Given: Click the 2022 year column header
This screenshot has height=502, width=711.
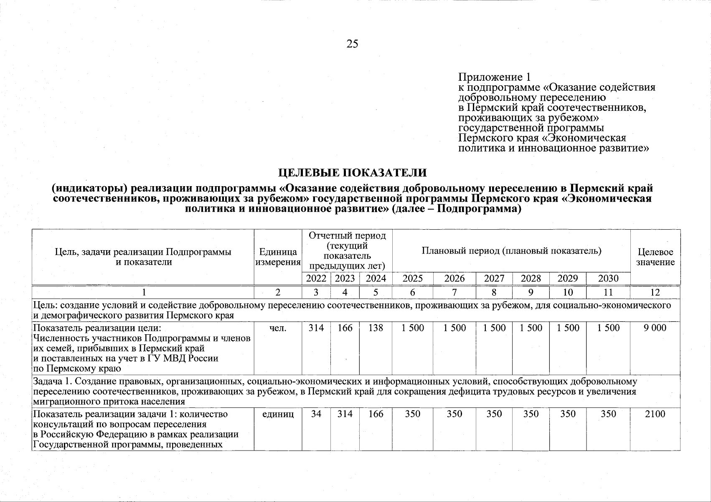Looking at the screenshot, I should click(x=316, y=279).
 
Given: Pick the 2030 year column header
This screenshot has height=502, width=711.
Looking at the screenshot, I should click(x=608, y=279).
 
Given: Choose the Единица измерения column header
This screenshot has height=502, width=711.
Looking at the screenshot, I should click(x=278, y=257).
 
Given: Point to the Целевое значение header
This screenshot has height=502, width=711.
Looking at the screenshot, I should click(x=655, y=257).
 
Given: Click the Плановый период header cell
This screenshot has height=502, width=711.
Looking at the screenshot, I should click(x=511, y=251).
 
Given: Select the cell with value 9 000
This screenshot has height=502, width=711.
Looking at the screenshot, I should click(x=655, y=328).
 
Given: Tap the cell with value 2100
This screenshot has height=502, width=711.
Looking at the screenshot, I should click(x=655, y=414).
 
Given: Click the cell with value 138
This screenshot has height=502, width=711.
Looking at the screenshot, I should click(x=376, y=328).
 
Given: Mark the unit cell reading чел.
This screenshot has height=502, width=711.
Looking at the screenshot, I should click(x=278, y=328).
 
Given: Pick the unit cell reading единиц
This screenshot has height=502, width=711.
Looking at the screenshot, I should click(x=278, y=414).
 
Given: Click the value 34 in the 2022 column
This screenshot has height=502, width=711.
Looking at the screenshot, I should click(x=316, y=414).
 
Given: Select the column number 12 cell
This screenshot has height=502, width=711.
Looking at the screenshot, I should click(x=655, y=292).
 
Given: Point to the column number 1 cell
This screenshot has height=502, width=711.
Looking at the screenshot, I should click(x=143, y=292).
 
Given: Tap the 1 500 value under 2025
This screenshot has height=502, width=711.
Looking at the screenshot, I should click(x=412, y=328).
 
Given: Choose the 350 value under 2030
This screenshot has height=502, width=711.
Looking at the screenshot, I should click(x=608, y=414).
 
